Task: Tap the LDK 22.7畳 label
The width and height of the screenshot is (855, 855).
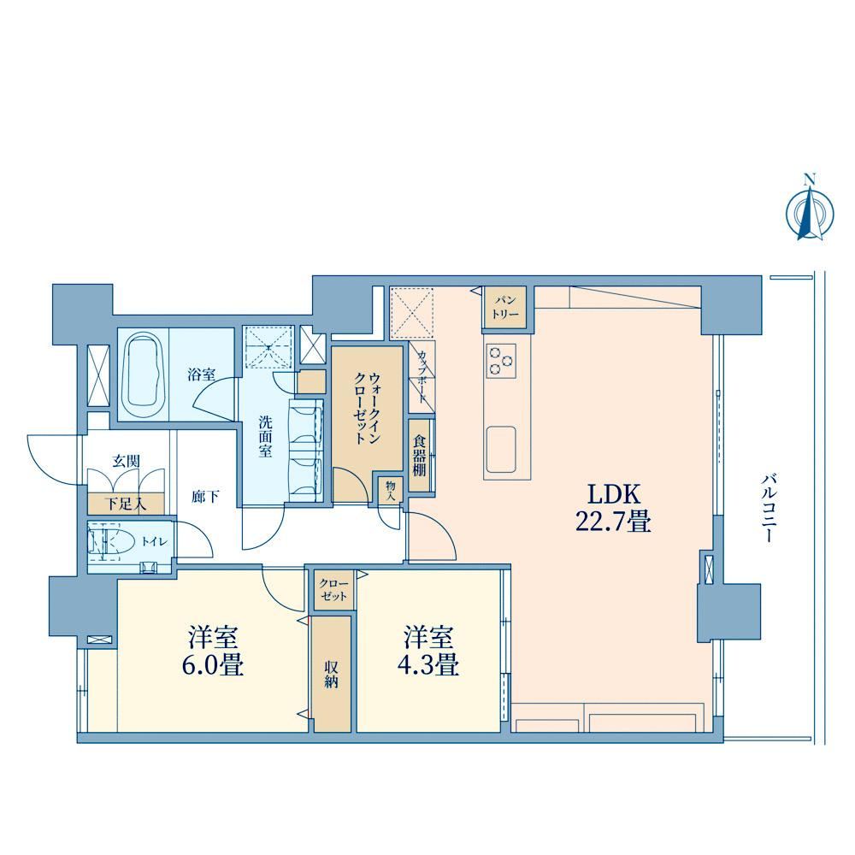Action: tap(613, 508)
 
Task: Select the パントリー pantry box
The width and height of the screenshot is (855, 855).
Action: tap(505, 308)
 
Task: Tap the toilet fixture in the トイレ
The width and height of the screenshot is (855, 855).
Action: tap(110, 542)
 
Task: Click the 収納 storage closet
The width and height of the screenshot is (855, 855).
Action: tap(331, 674)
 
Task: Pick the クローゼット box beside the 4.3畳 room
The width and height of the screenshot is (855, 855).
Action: tap(333, 589)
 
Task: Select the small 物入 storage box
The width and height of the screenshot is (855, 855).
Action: tap(390, 490)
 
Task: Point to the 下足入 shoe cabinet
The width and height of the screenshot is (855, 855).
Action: tap(126, 504)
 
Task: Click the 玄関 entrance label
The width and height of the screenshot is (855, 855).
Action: tap(126, 462)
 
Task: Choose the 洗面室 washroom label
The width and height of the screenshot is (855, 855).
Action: tap(266, 436)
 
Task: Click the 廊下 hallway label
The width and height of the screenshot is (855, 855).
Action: tap(205, 497)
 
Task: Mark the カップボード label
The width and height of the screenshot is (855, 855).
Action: tap(422, 377)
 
